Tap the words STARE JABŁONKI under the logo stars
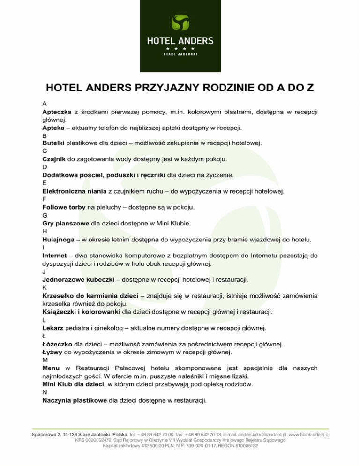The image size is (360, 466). click(180, 54)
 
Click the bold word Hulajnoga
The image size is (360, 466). click(58, 240)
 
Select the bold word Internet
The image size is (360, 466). click(54, 256)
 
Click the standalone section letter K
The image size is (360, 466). click(44, 288)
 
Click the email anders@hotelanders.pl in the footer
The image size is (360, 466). click(261, 435)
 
